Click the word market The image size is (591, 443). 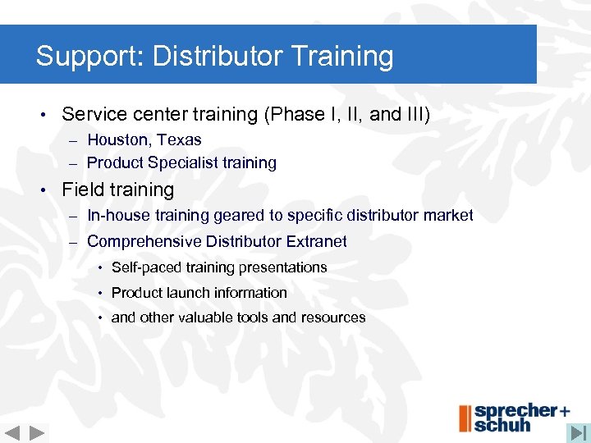(447, 215)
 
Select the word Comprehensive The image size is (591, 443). (144, 241)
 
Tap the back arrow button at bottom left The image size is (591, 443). (12, 433)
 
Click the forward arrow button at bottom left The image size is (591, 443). (37, 433)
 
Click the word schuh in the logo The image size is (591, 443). (502, 425)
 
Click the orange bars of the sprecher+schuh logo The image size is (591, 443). (465, 418)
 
